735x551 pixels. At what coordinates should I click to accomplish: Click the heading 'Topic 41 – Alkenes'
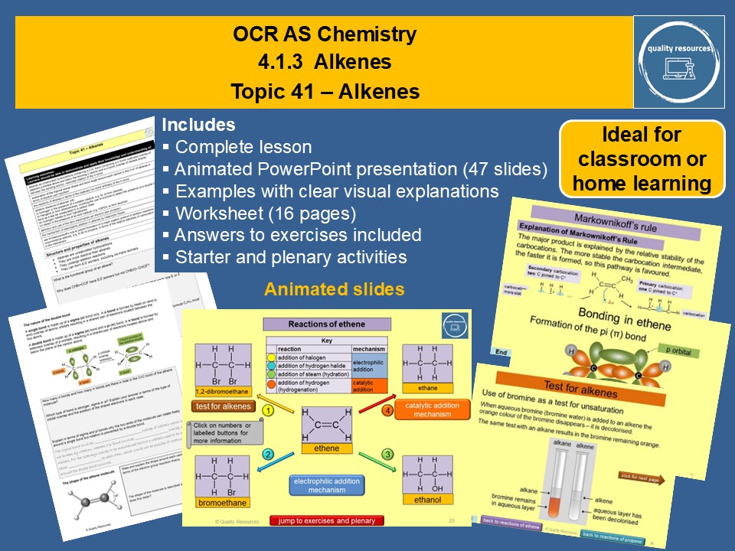(x=325, y=92)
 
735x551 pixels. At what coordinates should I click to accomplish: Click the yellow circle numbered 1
(x=269, y=410)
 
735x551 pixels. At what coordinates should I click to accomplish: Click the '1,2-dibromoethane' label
(x=222, y=392)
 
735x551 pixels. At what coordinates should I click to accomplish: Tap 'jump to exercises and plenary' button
(x=326, y=520)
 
